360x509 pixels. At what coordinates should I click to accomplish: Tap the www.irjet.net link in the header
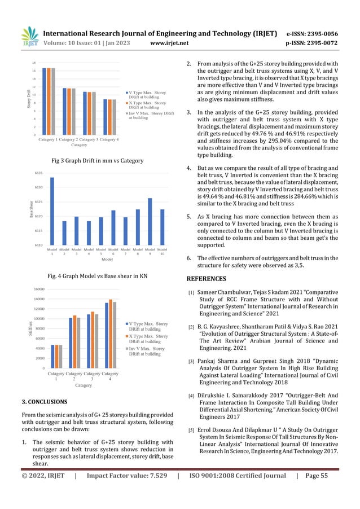173,41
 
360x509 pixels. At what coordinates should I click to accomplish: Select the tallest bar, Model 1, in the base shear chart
52,211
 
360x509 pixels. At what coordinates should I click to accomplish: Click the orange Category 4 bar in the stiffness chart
109,334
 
